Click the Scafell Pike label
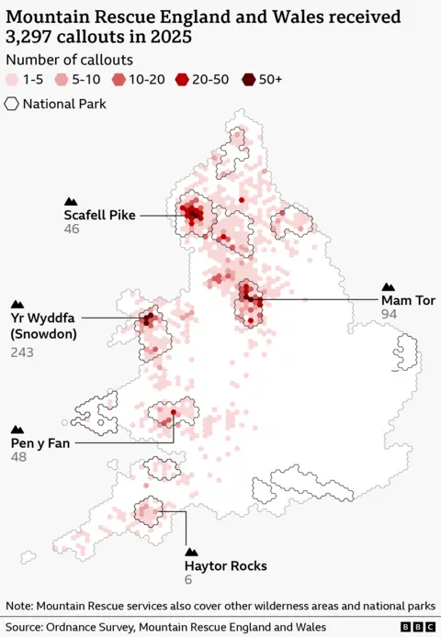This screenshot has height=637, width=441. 99,215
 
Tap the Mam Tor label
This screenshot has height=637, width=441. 408,300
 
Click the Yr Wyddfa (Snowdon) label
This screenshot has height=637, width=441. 43,326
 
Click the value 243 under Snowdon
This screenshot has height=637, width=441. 23,352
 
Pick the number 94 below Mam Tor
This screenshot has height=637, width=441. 390,314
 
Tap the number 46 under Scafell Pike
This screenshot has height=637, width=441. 72,229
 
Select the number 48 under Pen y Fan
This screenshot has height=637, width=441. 18,457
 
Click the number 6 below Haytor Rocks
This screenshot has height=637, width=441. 188,579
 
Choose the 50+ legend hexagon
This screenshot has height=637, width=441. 247,80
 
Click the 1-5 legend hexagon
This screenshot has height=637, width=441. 12,80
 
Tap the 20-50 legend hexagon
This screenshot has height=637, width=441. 181,80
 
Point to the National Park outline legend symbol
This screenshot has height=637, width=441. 12,104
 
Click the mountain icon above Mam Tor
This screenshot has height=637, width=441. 388,286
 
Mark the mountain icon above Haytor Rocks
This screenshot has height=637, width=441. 192,552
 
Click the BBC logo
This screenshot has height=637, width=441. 418,626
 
